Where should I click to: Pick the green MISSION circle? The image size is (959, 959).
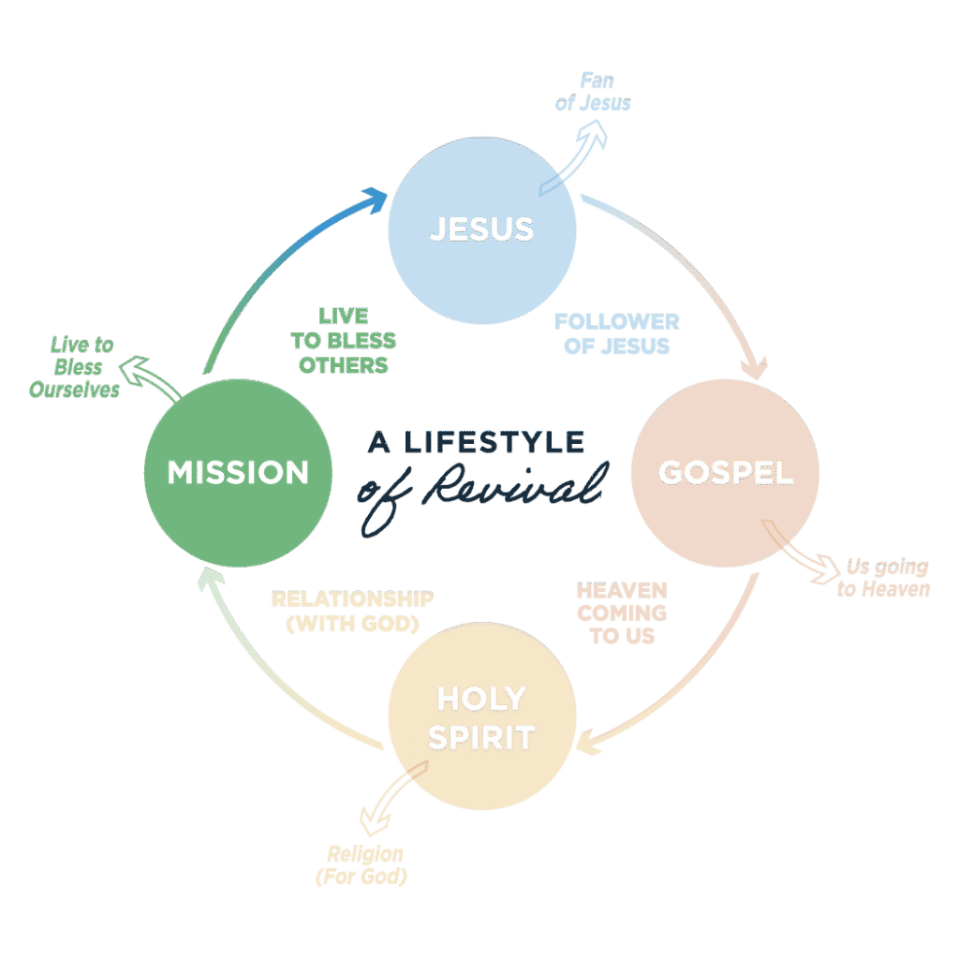tap(238, 473)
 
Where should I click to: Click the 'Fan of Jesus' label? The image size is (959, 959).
tap(593, 93)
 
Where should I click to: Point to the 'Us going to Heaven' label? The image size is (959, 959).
tap(883, 578)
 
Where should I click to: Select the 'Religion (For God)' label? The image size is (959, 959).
tap(364, 864)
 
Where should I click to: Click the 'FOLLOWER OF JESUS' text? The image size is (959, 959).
tap(616, 333)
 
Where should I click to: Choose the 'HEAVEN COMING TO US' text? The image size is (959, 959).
tap(622, 613)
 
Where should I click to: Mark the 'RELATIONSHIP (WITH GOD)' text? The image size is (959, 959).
tap(352, 612)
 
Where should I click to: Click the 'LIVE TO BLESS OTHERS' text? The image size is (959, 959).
tap(344, 339)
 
